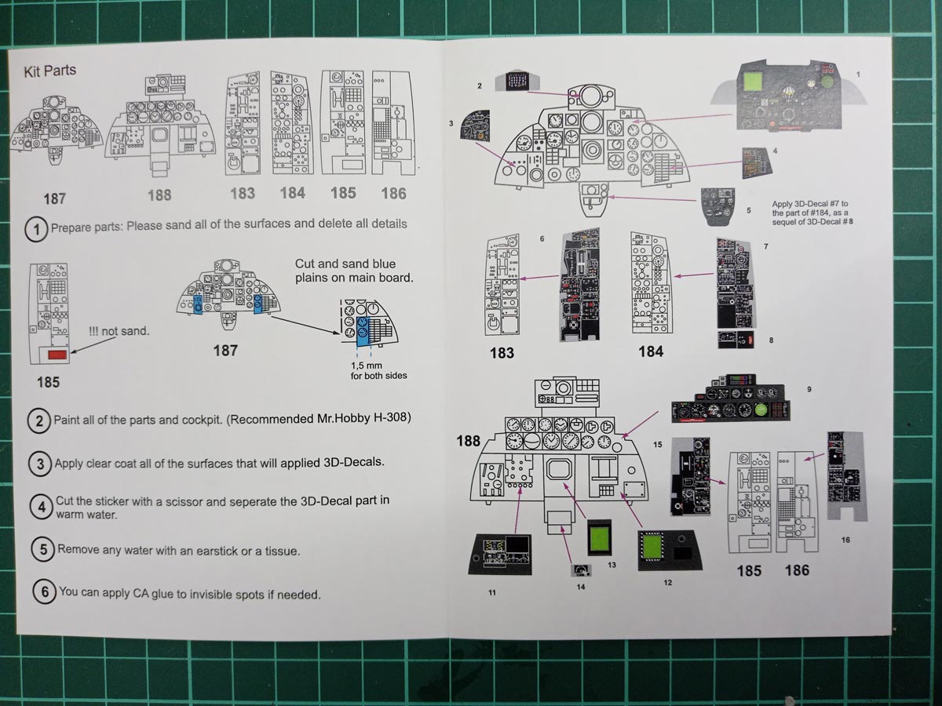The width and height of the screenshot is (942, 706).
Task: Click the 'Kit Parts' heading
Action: pyautogui.click(x=51, y=71)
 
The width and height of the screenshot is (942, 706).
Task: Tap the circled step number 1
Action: pyautogui.click(x=37, y=230)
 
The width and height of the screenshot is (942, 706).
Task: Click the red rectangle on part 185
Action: pyautogui.click(x=57, y=355)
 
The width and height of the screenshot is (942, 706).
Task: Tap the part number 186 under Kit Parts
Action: pyautogui.click(x=393, y=193)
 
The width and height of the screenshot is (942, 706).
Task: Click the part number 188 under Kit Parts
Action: pyautogui.click(x=159, y=195)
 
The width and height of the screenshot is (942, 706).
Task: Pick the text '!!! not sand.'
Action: pyautogui.click(x=119, y=331)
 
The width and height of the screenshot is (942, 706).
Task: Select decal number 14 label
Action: pyautogui.click(x=581, y=585)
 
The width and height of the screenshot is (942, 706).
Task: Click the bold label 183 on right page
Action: pyautogui.click(x=502, y=353)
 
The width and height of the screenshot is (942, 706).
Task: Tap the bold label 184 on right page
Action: pyautogui.click(x=651, y=351)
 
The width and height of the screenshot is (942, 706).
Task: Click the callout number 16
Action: pyautogui.click(x=845, y=540)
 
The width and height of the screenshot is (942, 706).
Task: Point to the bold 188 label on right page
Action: pyautogui.click(x=468, y=441)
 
